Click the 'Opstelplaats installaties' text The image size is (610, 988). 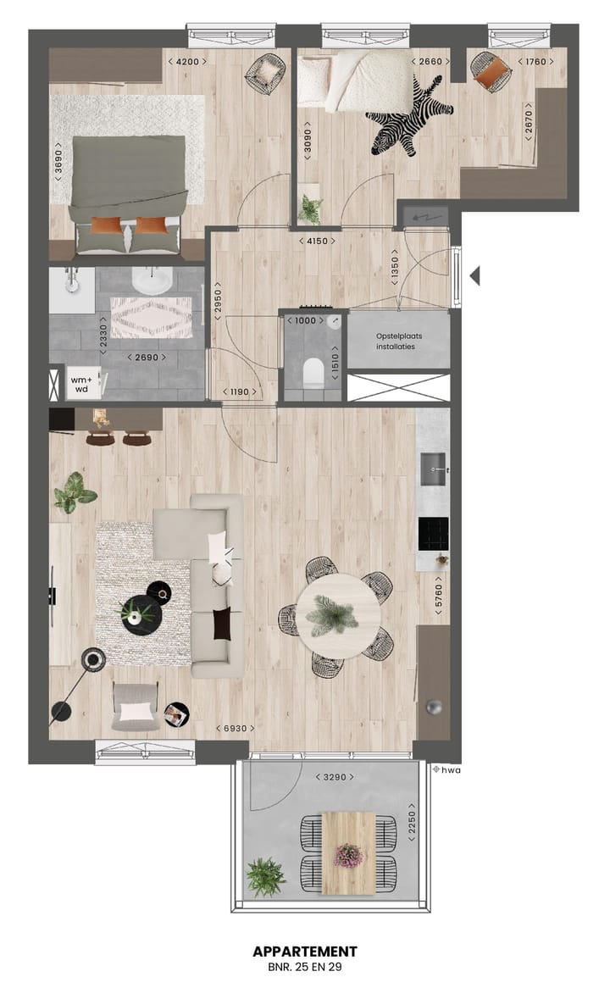pyautogui.click(x=397, y=341)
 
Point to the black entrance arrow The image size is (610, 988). pyautogui.click(x=475, y=275)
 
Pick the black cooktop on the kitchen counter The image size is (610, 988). pyautogui.click(x=433, y=532)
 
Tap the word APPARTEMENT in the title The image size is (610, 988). pyautogui.click(x=304, y=952)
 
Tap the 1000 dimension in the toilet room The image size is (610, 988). pyautogui.click(x=304, y=321)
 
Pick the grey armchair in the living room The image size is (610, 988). pyautogui.click(x=136, y=706)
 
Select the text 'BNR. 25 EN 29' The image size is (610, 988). pyautogui.click(x=304, y=966)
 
